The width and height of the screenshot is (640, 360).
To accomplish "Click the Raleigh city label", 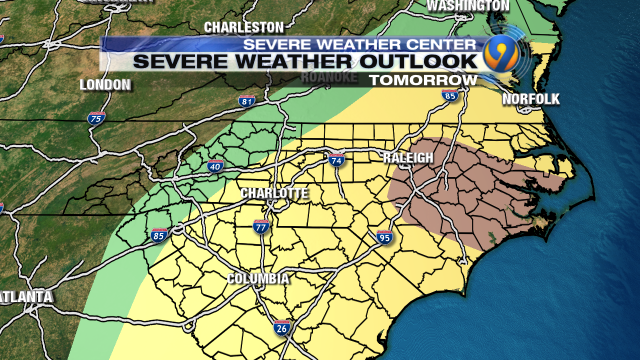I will pos(408,158).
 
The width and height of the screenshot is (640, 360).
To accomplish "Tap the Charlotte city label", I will pos(274,193).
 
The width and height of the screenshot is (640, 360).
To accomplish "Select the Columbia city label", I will pos(258,278).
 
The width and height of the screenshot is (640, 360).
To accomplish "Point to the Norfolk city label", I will pos(530,99).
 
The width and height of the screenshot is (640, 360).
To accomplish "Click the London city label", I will pos(105,85).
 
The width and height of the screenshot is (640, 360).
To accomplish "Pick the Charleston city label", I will pos(243,27).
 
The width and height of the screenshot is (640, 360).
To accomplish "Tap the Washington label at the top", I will pos(468,6).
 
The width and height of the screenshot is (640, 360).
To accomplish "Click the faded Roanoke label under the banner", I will pos(329,77).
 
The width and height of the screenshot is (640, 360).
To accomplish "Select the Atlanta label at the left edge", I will pos(26,296).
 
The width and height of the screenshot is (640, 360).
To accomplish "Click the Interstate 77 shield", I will pos(261,227).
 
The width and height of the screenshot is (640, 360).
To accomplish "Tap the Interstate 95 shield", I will pos(384,237).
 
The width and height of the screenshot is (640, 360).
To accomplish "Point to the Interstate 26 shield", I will pos(281,327).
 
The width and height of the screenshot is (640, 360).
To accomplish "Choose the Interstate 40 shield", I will pos(215,166).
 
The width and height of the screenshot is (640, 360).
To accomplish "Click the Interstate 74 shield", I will pos(336,160).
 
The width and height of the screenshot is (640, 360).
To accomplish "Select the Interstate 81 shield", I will pos(246,100).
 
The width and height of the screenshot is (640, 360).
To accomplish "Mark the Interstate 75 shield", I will pos(96,118).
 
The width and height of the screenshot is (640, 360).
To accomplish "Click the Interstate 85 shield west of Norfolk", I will pos(450,95).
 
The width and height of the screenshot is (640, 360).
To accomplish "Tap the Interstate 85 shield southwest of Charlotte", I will pos(159,235).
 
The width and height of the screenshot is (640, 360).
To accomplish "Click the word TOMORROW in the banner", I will pos(423,80).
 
